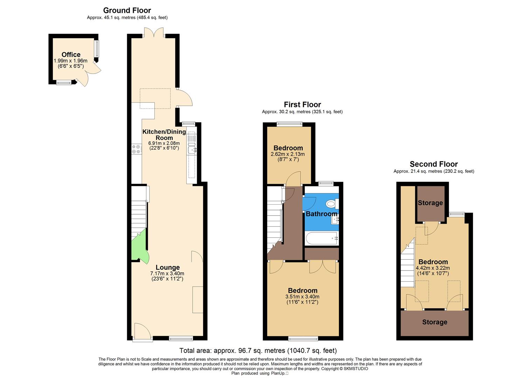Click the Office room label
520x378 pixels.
[71, 55]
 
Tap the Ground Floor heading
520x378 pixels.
[127, 10]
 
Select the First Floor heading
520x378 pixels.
[302, 105]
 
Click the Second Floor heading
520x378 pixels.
[434, 164]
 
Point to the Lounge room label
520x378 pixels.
[167, 268]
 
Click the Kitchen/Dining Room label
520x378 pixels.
[164, 135]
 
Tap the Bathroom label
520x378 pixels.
[321, 214]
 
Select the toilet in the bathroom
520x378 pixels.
[331, 203]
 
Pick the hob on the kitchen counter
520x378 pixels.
[136, 149]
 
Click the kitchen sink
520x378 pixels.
[192, 150]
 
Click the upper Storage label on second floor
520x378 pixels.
[430, 203]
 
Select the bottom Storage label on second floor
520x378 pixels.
[434, 322]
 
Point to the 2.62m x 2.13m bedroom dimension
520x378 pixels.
[287, 154]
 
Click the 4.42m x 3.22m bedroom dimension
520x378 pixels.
[433, 268]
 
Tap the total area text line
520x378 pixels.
[258, 350]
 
